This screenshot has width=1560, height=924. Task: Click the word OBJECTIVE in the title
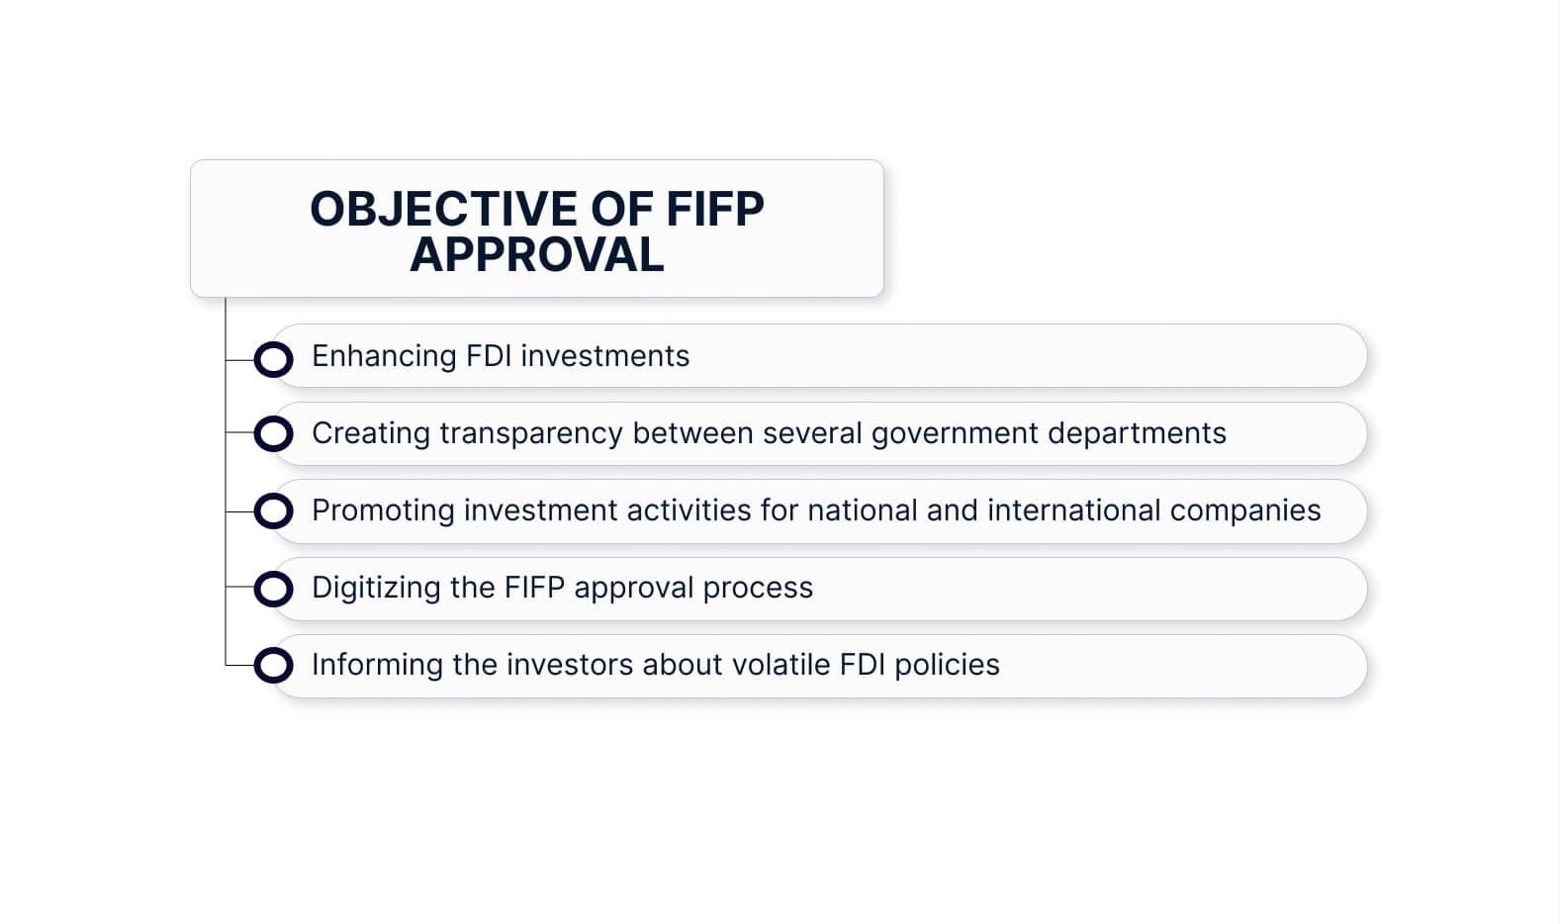(x=443, y=209)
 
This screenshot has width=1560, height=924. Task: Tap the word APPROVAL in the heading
(x=537, y=255)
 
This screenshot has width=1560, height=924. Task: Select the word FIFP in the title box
(x=714, y=209)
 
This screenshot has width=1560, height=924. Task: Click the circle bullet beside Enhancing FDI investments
(x=273, y=360)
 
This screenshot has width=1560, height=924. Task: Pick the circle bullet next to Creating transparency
(x=273, y=433)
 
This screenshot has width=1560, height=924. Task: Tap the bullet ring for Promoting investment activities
(x=273, y=511)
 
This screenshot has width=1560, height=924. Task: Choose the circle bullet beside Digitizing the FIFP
(x=273, y=589)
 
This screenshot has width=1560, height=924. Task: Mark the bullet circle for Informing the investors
(x=273, y=665)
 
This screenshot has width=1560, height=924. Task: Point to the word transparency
(x=531, y=434)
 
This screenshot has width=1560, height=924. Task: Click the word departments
(x=1138, y=434)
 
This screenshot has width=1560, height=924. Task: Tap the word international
(x=1074, y=510)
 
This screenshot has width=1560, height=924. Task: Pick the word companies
(x=1245, y=511)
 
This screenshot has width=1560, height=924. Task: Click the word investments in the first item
(x=605, y=357)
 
